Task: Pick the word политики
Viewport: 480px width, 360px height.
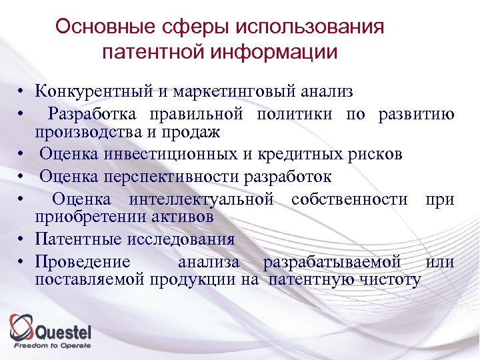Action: point(296,113)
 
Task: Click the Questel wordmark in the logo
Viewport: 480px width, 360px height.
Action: point(63,331)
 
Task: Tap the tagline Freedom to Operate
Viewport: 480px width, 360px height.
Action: point(53,345)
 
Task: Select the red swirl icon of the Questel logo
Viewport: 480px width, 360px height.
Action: point(21,327)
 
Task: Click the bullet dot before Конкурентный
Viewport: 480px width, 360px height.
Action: point(22,92)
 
